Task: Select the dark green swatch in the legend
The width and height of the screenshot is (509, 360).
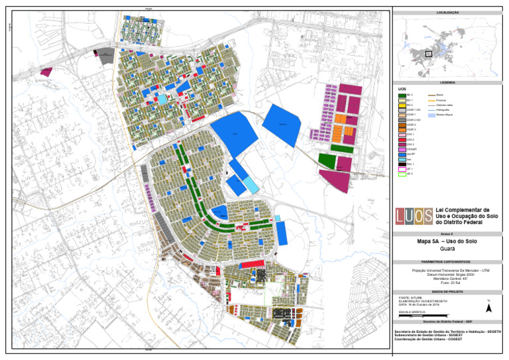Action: (x=402, y=95)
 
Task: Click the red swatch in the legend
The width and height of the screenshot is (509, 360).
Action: (x=402, y=139)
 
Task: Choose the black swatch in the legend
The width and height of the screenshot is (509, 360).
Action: (x=402, y=164)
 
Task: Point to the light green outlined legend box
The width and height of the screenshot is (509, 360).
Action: (x=402, y=174)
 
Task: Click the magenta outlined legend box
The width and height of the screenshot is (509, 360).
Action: (x=402, y=169)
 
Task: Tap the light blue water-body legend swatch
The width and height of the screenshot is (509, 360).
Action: (x=431, y=115)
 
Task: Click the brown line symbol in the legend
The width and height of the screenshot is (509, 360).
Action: (x=431, y=95)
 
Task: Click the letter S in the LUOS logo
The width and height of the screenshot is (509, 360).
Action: (x=428, y=215)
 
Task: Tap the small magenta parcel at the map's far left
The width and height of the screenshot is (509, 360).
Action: (x=46, y=71)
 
